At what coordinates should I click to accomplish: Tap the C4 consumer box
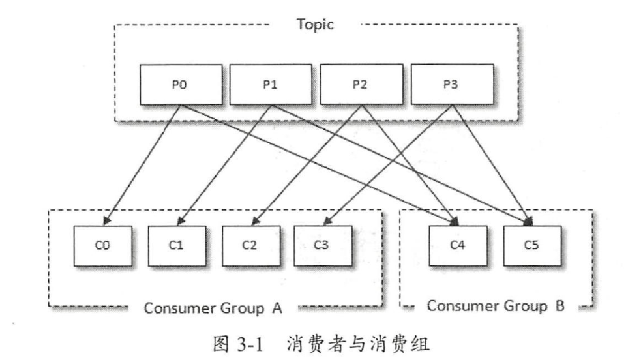coord(457,246)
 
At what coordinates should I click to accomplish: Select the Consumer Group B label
coord(496,305)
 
